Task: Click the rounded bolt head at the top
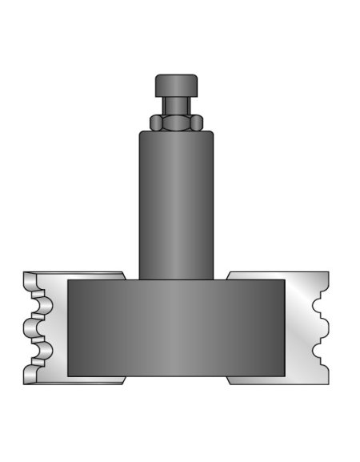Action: pos(176,84)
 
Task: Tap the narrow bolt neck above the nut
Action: pos(176,105)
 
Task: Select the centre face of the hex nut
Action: pos(176,122)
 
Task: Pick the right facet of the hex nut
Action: pos(196,122)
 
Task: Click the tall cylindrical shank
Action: pos(176,204)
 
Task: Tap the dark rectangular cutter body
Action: pos(176,328)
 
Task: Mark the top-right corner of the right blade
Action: pos(327,273)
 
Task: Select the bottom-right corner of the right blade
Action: pos(327,382)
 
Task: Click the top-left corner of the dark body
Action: pos(69,280)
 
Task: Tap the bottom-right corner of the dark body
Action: pos(283,376)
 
